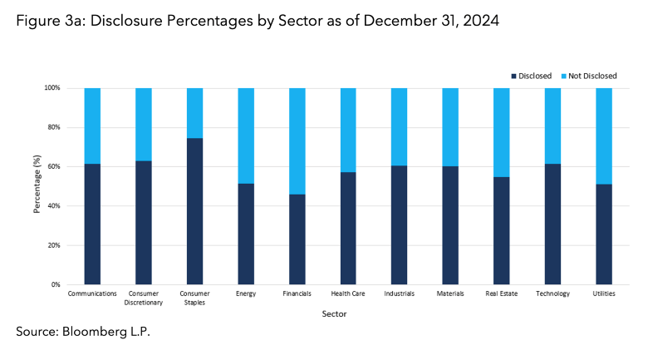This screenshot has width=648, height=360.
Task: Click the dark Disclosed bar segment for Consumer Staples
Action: tap(194, 211)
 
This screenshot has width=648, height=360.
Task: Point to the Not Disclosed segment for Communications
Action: tap(92, 126)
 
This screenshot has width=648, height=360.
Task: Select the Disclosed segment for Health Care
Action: tap(348, 228)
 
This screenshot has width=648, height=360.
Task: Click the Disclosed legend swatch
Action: tap(515, 76)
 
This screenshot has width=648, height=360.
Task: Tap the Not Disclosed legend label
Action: tap(592, 76)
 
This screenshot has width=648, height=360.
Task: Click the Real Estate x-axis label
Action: tap(502, 294)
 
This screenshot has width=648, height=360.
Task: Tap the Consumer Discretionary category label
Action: tap(144, 298)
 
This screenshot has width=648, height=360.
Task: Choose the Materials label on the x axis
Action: tap(450, 294)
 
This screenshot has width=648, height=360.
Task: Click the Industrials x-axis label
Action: tap(399, 294)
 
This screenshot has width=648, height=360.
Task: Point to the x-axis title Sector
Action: tap(335, 314)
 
